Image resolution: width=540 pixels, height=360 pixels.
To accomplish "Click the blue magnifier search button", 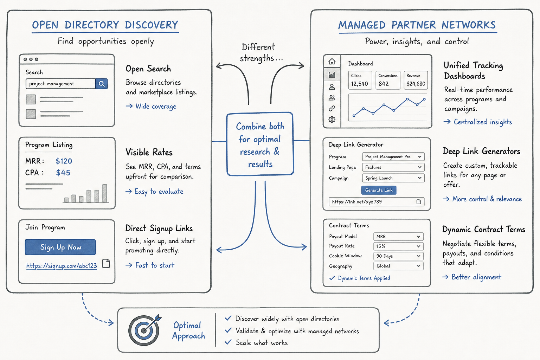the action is click(x=102, y=84).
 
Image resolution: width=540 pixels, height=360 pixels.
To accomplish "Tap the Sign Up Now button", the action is click(x=60, y=247).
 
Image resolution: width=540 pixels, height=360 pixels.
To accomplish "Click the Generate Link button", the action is click(x=379, y=190).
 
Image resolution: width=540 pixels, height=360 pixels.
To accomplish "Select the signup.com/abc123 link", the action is click(x=62, y=266).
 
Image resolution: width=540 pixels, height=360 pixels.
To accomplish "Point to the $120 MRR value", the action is click(x=64, y=161).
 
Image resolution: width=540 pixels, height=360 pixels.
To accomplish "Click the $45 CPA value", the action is click(x=63, y=173).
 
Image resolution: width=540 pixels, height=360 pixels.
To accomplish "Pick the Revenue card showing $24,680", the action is click(x=416, y=80).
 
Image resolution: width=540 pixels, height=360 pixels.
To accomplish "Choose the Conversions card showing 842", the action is click(x=388, y=80).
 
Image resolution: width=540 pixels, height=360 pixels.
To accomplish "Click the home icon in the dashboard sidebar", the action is click(x=332, y=62).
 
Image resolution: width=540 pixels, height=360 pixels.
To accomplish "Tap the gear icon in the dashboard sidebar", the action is click(x=332, y=120).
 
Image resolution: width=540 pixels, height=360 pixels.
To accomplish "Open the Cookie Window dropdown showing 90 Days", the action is click(x=398, y=256).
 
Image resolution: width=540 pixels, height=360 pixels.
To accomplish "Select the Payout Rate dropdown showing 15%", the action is click(x=398, y=246).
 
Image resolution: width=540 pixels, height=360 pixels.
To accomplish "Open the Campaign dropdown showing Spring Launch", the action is click(x=393, y=178).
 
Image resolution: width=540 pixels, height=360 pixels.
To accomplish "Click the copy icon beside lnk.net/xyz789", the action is click(x=419, y=202).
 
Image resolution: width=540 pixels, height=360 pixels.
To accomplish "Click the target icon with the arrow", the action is click(x=144, y=330).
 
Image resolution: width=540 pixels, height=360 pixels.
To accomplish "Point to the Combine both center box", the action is click(x=260, y=144).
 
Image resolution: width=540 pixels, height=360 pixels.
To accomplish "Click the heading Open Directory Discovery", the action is click(x=105, y=25).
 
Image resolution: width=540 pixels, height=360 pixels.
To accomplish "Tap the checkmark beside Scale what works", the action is click(x=228, y=342).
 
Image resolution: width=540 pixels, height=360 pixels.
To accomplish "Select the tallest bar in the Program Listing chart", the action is click(x=105, y=193).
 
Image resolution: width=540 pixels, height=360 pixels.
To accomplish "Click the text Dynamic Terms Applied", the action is click(x=364, y=278).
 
